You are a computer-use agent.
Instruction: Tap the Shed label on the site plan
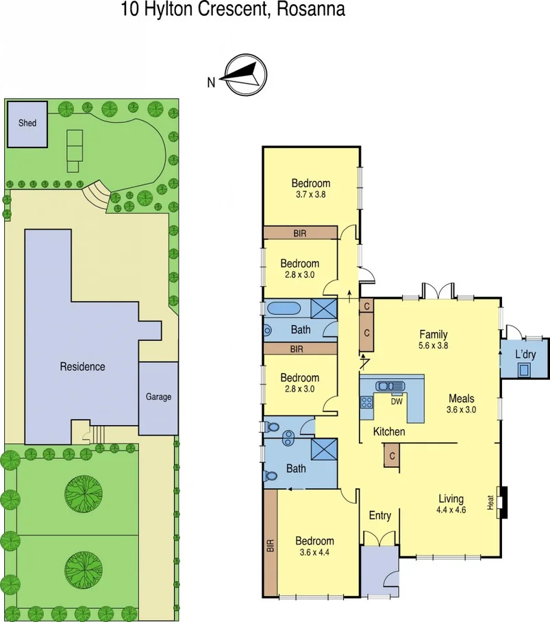point(27,123)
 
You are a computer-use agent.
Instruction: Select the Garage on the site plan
point(158,396)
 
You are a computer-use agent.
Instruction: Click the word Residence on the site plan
point(82,366)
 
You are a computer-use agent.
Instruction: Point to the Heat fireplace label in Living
point(490,503)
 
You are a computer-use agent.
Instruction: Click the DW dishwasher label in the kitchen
point(396,402)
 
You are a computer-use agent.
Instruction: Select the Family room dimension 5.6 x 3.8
point(433,346)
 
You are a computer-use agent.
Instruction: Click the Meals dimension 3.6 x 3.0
point(462,409)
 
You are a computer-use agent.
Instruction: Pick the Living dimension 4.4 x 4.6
point(451,510)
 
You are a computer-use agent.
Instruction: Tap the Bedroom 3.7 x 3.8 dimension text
point(311,194)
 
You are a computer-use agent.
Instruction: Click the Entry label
point(379,515)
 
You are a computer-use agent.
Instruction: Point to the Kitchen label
point(388,432)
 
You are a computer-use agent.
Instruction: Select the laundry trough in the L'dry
point(525,370)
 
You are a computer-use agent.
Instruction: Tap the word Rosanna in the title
point(312,10)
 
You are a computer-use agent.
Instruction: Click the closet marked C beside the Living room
point(392,456)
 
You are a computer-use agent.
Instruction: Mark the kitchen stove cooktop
point(366,403)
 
